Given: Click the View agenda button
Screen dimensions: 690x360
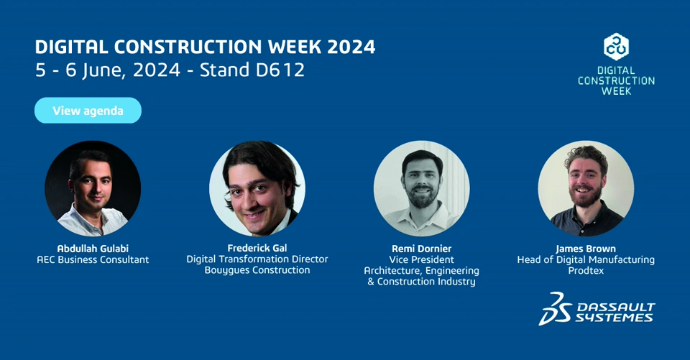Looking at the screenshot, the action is point(88,111).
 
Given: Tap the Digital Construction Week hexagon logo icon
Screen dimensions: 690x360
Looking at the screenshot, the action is point(616,47).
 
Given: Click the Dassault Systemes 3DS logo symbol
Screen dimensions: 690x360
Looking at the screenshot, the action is point(556,308).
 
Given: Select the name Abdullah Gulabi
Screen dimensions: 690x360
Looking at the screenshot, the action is point(93,249).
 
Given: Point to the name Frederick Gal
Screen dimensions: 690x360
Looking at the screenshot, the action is point(257,248).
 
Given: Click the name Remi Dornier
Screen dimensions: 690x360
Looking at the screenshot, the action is point(422,249).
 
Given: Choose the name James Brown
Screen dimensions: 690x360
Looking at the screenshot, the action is point(586,249).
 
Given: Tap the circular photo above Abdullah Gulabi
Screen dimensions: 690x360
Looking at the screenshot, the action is point(93,188).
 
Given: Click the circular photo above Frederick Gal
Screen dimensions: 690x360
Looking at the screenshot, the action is point(257,188).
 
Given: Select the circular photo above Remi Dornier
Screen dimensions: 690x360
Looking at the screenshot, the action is point(422,188).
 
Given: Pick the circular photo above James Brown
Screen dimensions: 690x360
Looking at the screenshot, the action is point(586,188).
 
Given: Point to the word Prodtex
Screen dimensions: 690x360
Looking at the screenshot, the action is point(586,270).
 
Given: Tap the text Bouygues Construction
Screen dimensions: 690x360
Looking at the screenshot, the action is point(257,270).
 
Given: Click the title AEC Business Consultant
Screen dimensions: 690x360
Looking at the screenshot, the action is point(93,259).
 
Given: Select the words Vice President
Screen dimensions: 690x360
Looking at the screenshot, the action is point(422,259).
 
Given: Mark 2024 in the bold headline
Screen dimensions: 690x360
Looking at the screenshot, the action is point(351,47).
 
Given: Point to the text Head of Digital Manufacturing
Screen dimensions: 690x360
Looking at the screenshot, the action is point(586,259).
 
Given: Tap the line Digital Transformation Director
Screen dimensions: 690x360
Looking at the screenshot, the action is point(257,259).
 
